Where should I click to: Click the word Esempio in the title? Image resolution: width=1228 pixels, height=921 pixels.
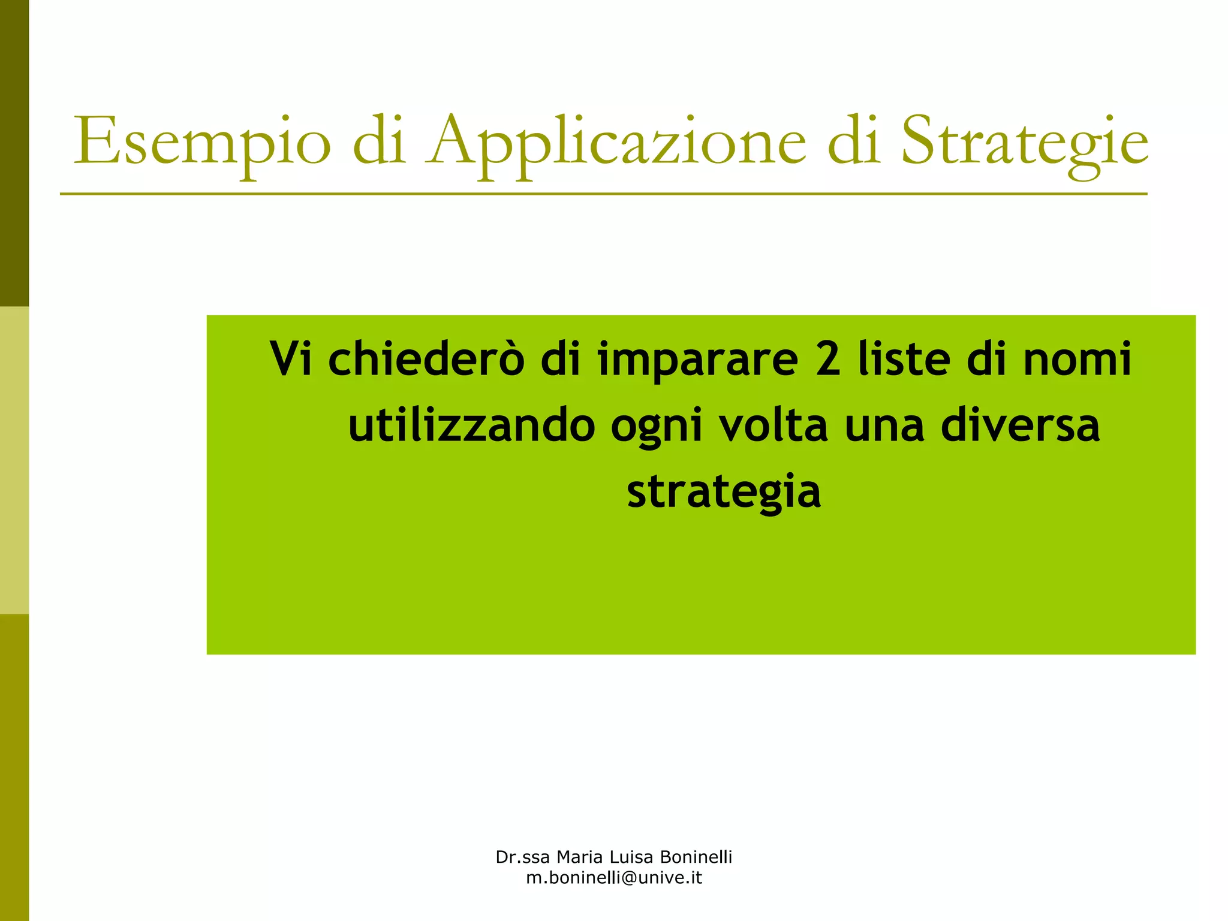(202, 143)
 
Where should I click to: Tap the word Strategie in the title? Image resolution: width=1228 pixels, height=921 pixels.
(1025, 143)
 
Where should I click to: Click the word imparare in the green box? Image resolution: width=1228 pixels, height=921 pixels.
(698, 360)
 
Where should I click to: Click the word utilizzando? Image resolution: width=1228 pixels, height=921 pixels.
(471, 425)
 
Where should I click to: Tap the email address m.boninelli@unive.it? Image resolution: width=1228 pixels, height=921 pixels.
(614, 878)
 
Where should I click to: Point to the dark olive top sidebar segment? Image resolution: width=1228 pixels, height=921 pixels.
(14, 153)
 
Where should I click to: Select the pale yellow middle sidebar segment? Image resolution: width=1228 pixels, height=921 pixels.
(14, 460)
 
